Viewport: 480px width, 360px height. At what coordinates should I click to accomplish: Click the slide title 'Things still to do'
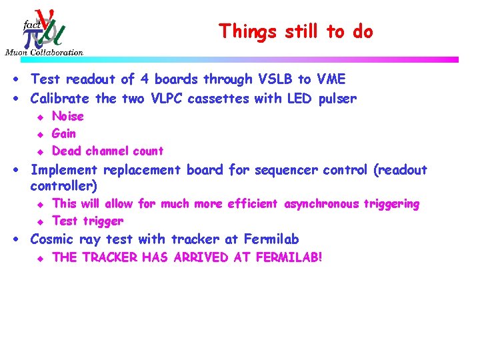(296, 31)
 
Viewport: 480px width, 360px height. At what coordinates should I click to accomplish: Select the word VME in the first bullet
(331, 80)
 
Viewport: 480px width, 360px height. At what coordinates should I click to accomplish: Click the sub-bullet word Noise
(68, 117)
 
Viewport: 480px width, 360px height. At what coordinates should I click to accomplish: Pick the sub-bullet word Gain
(64, 133)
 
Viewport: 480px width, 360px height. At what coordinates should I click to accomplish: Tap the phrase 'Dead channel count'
(107, 151)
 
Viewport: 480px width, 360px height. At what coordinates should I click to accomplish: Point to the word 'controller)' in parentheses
(64, 185)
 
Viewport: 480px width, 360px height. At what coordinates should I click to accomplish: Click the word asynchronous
(322, 204)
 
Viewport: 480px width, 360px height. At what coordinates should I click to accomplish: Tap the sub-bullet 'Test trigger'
(87, 221)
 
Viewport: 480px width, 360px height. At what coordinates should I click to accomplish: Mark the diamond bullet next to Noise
(40, 117)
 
